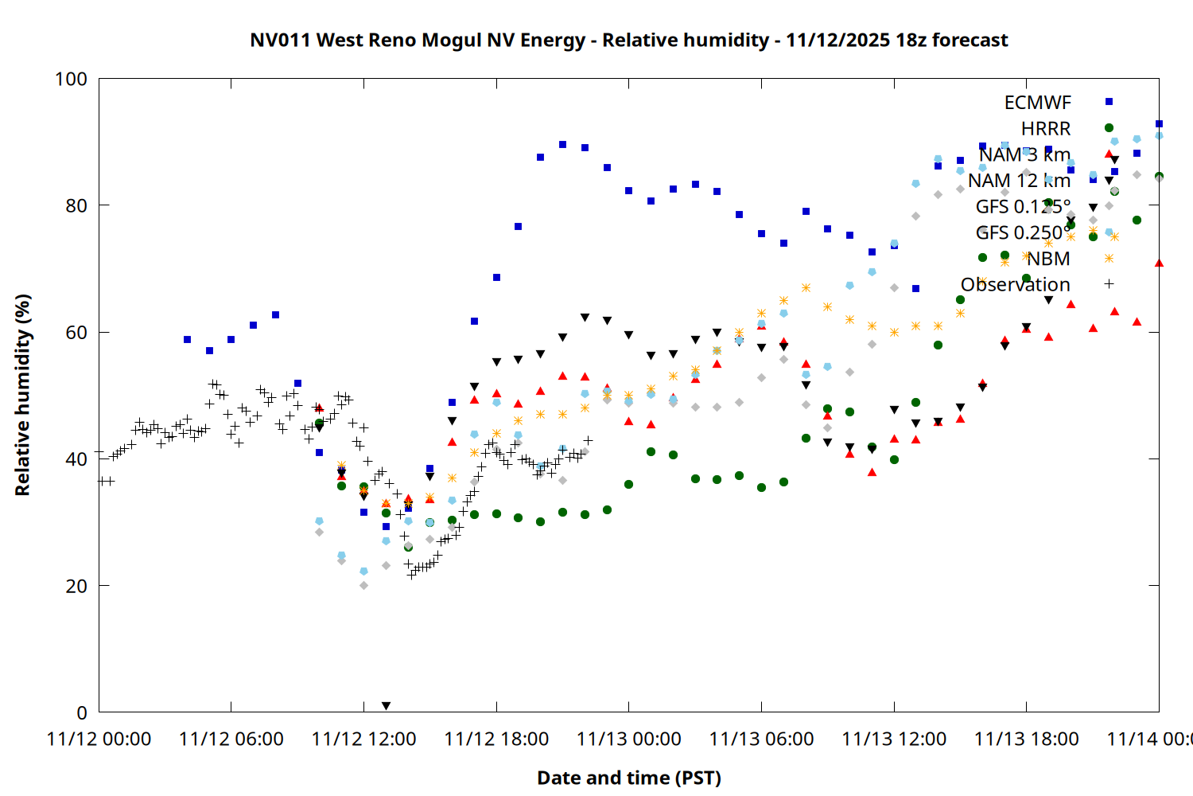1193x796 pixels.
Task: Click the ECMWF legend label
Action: tap(1037, 103)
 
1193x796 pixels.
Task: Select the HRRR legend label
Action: tap(1045, 129)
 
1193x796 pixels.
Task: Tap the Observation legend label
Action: tap(1015, 285)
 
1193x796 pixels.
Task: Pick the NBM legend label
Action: tap(1047, 259)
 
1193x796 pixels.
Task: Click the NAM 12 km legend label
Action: tap(1019, 181)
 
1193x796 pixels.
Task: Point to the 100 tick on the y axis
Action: tap(71, 79)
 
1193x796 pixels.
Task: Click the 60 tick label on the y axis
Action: tap(76, 333)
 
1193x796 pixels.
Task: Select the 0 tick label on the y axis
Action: tap(82, 713)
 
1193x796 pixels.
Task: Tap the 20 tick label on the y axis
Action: tap(76, 587)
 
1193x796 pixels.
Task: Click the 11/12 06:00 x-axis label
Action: tap(231, 739)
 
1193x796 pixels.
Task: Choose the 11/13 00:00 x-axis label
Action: tap(628, 739)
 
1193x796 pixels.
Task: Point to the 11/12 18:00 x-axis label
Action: tap(496, 739)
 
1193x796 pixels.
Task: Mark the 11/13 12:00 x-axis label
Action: tap(894, 739)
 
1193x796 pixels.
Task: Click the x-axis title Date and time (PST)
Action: tap(628, 778)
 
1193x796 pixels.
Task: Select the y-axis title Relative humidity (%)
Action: tap(22, 395)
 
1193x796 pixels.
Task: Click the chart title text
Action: tap(628, 41)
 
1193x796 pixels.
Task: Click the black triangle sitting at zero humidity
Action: tap(386, 706)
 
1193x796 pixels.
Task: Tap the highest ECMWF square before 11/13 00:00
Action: tap(562, 145)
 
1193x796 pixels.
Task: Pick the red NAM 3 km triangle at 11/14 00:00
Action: tap(1159, 263)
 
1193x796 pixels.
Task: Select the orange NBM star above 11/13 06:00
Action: tap(761, 314)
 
